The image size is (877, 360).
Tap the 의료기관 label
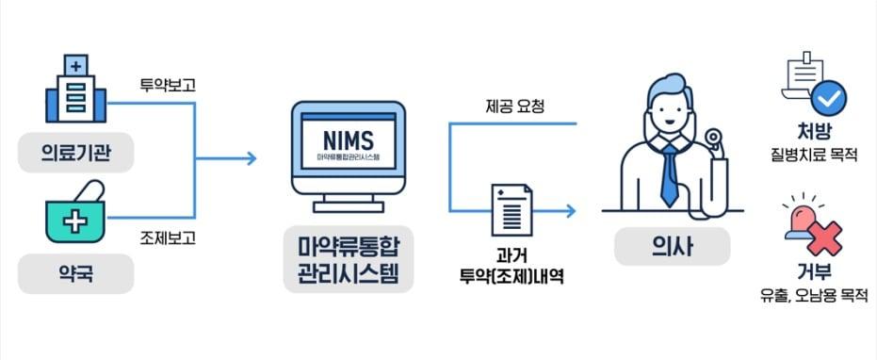click(x=76, y=154)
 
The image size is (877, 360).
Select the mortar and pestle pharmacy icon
click(x=75, y=217)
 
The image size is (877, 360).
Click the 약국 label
click(x=76, y=276)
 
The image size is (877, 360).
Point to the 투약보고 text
click(x=167, y=85)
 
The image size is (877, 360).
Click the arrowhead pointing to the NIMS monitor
click(x=252, y=158)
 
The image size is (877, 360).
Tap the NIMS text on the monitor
click(x=349, y=136)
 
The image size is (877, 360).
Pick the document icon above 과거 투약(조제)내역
click(x=511, y=211)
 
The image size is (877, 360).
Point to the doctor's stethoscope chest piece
click(x=715, y=141)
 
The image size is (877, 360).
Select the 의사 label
click(x=672, y=248)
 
